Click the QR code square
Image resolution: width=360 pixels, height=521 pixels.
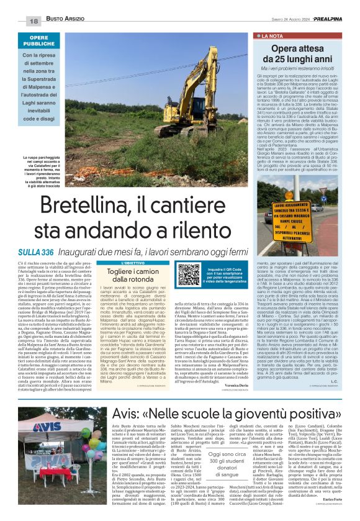[x=189, y=274]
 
